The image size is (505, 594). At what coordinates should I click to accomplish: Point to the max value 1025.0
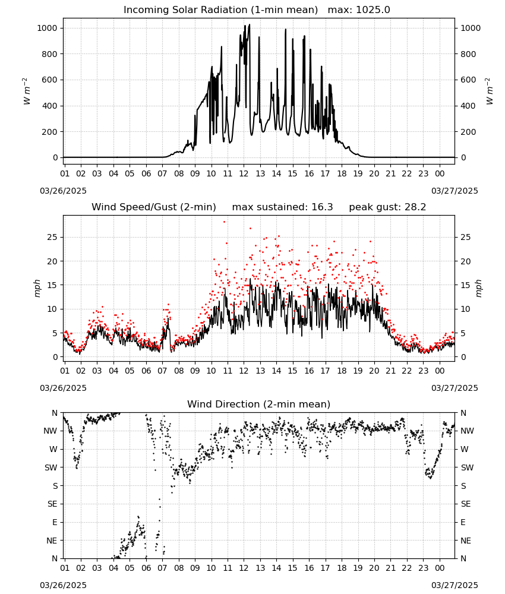[373, 10]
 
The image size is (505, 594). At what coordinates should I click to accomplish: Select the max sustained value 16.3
[322, 207]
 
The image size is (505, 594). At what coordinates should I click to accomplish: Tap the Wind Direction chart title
[259, 404]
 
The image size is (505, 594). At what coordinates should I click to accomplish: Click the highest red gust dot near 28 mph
[224, 222]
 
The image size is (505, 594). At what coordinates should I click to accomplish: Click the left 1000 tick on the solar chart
[47, 28]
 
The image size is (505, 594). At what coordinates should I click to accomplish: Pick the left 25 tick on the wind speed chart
[52, 238]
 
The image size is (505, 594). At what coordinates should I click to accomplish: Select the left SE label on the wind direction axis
[52, 504]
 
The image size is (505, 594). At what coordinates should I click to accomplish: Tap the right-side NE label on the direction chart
[466, 541]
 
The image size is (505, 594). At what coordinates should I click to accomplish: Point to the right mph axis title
[478, 288]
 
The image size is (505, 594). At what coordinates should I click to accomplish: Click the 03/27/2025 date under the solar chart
[454, 191]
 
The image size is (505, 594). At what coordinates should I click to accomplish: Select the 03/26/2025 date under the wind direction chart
[63, 585]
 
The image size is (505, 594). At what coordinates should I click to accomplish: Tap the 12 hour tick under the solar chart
[244, 173]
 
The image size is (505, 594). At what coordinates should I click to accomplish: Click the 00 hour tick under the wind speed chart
[440, 371]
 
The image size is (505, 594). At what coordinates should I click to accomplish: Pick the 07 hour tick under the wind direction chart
[162, 568]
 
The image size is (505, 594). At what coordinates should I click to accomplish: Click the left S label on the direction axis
[55, 486]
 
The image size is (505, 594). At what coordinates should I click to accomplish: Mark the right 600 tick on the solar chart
[468, 80]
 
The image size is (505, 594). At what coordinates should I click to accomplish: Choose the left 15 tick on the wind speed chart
[52, 285]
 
